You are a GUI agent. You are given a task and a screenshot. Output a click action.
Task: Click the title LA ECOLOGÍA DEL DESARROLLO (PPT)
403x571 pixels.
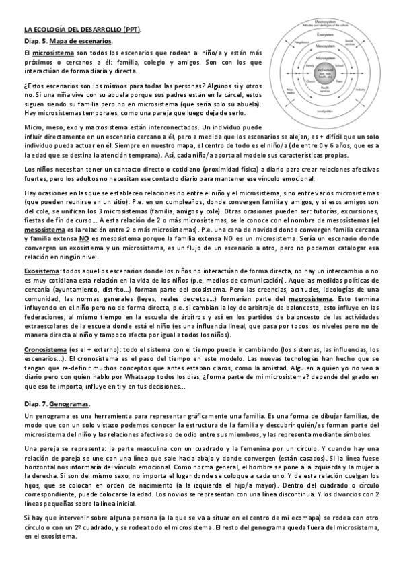point(87,30)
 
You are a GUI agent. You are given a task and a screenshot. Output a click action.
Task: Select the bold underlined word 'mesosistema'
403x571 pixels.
point(46,209)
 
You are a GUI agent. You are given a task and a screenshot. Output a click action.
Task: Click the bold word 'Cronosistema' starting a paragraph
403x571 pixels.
point(45,350)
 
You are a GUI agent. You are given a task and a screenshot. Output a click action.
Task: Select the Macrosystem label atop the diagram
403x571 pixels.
point(326,20)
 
